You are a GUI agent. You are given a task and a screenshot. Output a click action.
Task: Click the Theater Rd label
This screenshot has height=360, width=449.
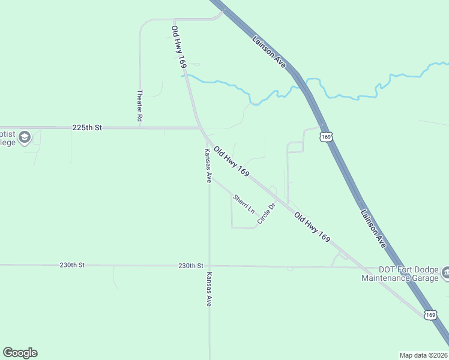coord(139,106)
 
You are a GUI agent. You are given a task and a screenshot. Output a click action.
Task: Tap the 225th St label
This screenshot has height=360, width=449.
coord(88,128)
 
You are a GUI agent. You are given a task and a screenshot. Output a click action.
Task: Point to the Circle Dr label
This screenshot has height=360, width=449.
coord(266,214)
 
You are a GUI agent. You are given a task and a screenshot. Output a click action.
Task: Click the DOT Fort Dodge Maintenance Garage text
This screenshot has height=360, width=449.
coord(400,273)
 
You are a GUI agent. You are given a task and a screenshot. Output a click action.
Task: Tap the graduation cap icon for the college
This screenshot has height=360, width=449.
coord(25,138)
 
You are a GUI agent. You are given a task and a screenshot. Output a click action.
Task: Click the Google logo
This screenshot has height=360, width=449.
coord(20,353)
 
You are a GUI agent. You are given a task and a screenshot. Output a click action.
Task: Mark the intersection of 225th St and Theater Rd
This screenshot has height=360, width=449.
coord(140,128)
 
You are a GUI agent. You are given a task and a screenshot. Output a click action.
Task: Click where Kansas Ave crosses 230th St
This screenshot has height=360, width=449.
coord(209,265)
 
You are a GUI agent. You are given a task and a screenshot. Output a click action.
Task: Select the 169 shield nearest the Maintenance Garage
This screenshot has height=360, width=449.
coord(430,314)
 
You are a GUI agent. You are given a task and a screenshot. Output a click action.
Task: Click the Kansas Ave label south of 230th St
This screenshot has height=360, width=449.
coord(209,289)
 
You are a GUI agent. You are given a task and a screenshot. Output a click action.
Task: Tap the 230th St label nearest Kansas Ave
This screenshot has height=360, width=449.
coord(191,265)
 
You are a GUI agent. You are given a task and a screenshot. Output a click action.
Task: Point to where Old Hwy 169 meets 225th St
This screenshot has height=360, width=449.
coord(200,128)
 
